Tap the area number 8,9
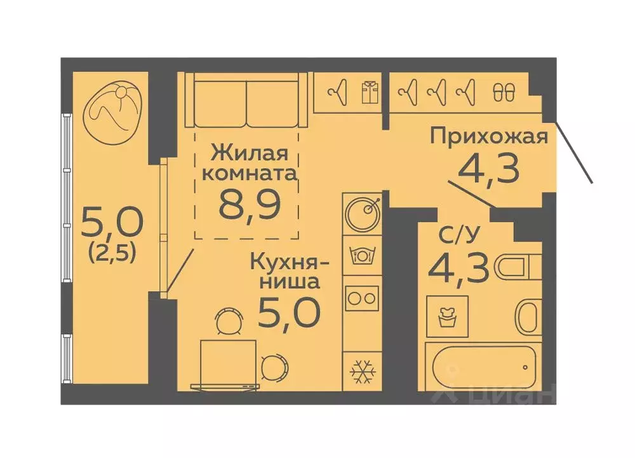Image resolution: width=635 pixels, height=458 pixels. [249, 203]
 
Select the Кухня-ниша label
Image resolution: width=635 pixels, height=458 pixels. [289, 270]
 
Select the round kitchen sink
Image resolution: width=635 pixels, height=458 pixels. [363, 209]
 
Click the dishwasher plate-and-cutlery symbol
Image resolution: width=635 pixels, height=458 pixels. [363, 255]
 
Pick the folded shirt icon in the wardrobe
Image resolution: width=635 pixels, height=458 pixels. [369, 93]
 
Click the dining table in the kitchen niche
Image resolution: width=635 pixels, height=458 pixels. [229, 363]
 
